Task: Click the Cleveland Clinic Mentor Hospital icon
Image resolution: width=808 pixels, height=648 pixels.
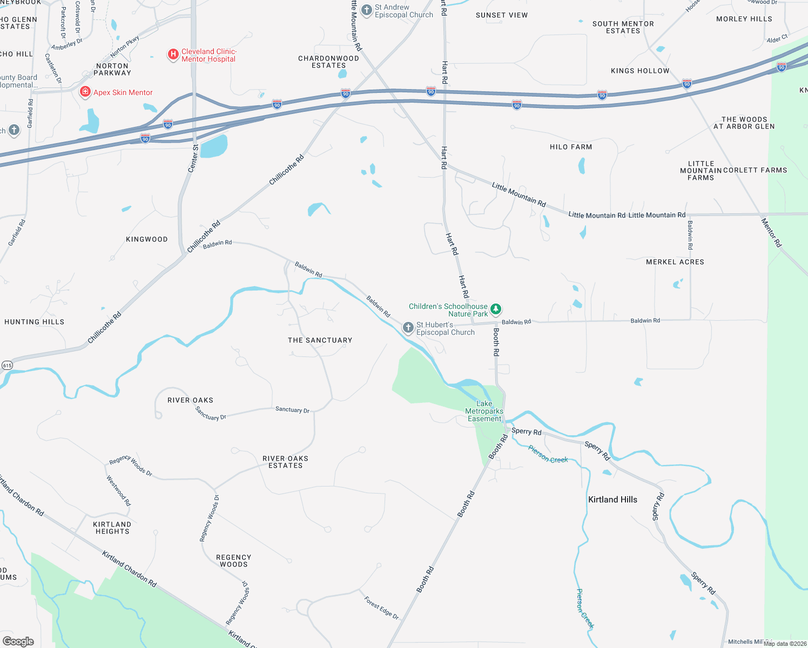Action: [173, 55]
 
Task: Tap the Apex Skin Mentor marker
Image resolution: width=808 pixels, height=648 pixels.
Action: [85, 92]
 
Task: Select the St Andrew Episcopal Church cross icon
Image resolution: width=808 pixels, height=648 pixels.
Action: [367, 10]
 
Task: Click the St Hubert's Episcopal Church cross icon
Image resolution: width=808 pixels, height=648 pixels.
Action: [408, 328]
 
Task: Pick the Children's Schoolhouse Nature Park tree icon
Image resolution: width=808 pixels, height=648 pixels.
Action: [496, 309]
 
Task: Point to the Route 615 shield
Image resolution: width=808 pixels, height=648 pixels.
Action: [7, 366]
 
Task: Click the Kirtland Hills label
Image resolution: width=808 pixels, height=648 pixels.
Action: [612, 500]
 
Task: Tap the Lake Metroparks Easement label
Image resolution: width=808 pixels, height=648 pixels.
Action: [484, 411]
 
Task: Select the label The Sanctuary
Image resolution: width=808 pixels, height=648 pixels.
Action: [320, 340]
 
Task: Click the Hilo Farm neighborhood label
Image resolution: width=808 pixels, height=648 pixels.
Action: [571, 147]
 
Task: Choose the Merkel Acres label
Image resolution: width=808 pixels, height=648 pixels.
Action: [675, 262]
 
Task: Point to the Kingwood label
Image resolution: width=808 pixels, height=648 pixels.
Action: [147, 239]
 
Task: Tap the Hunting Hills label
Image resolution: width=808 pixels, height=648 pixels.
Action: [35, 322]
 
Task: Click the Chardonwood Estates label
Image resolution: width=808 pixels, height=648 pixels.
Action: [328, 62]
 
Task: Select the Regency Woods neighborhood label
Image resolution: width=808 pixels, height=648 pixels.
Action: [233, 561]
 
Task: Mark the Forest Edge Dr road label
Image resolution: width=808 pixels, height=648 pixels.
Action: [381, 608]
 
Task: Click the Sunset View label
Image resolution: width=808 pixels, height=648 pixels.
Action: [502, 15]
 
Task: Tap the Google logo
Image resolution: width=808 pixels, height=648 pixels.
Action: [18, 642]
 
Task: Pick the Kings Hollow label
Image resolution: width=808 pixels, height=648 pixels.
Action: [640, 71]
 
